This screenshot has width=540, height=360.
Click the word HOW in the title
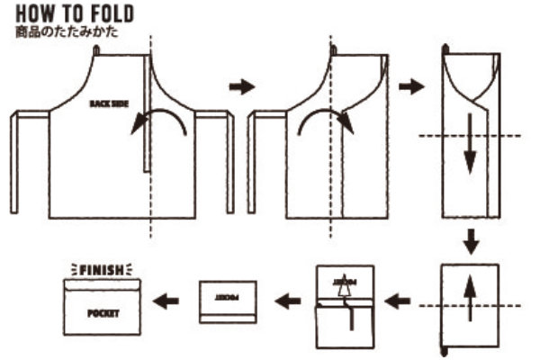click(x=33, y=14)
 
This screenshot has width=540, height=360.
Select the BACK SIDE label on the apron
click(x=110, y=103)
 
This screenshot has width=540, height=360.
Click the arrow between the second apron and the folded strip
click(x=411, y=86)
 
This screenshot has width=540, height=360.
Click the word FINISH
click(x=101, y=268)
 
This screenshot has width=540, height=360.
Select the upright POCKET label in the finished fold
click(x=103, y=315)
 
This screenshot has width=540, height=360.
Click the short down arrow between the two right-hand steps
click(x=469, y=241)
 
